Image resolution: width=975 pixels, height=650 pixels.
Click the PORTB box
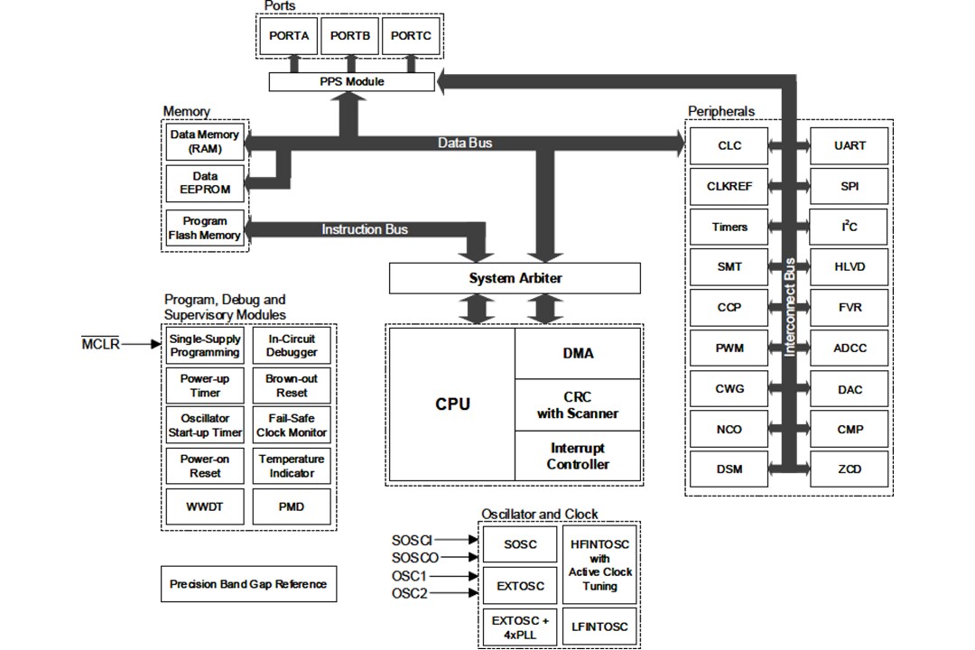[349, 36]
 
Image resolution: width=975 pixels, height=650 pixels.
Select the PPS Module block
[351, 81]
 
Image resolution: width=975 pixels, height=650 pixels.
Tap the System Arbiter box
[515, 278]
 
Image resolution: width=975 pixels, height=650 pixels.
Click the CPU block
[452, 404]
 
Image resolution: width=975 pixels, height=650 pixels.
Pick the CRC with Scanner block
[578, 405]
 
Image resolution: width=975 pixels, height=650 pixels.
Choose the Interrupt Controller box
[578, 457]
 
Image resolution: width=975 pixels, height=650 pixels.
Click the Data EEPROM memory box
[205, 183]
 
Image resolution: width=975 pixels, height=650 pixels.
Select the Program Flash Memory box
[205, 228]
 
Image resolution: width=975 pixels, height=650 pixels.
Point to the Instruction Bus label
[365, 229]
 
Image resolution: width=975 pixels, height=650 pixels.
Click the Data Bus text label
[465, 143]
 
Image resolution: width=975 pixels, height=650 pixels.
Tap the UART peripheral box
[850, 145]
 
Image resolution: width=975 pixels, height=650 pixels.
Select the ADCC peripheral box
[850, 348]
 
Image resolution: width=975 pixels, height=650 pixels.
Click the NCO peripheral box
[729, 430]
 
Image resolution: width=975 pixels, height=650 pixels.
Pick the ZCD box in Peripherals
[850, 469]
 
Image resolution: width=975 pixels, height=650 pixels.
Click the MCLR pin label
[100, 344]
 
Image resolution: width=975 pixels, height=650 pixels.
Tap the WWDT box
[204, 506]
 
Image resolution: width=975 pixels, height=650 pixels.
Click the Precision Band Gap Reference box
[248, 584]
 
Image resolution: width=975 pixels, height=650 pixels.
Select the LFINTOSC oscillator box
[599, 627]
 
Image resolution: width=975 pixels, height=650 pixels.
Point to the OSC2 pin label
[409, 593]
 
